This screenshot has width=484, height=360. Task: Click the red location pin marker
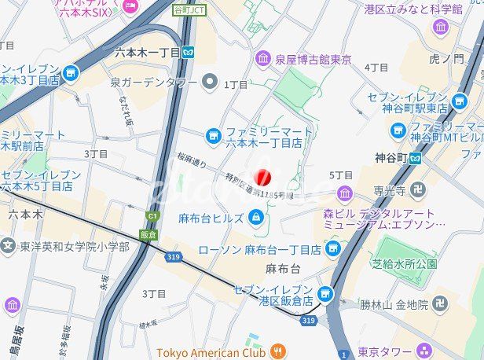264,178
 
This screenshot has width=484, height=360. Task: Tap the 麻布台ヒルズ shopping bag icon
256,217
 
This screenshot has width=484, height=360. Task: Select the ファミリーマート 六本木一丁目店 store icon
213,136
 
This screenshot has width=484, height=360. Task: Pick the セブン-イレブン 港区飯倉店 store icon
325,294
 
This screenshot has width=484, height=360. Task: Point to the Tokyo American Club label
211,351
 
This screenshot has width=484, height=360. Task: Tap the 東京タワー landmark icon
425,351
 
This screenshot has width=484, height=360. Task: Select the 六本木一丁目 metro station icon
189,52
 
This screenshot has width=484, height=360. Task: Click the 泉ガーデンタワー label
154,81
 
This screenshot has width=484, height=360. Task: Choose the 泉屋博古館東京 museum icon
262,59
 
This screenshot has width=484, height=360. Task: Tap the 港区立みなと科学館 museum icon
441,28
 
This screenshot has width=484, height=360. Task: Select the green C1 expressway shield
152,216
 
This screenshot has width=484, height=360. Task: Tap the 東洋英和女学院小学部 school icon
8,247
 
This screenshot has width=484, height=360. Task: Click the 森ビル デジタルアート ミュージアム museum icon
345,193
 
